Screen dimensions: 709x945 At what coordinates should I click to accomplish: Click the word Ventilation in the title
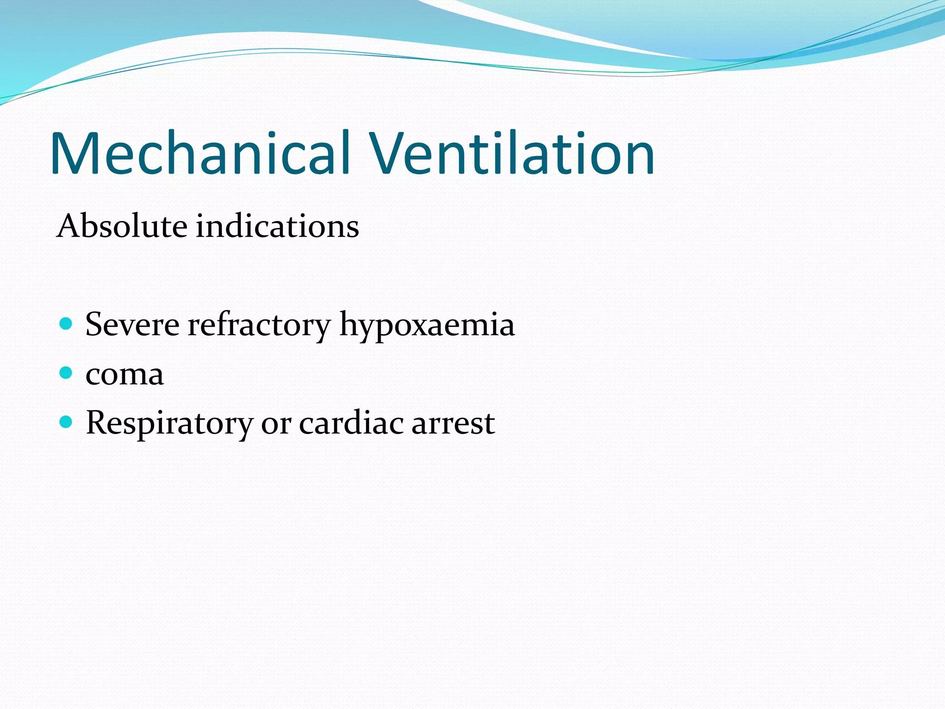(512, 153)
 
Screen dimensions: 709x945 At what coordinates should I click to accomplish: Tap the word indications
(277, 226)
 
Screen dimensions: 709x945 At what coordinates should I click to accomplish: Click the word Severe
(132, 324)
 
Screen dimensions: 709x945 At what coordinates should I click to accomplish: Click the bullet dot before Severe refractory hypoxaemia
(66, 323)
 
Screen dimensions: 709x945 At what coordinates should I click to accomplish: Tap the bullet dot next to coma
(66, 372)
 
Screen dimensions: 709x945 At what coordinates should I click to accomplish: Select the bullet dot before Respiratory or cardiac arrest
(66, 421)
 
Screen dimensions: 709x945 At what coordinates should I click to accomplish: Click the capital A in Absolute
(70, 226)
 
